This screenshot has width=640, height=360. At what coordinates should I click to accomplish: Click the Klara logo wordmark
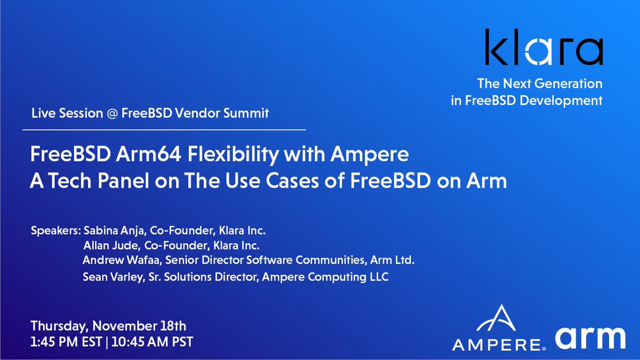[543, 47]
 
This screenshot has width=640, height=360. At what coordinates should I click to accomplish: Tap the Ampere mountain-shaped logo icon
[497, 319]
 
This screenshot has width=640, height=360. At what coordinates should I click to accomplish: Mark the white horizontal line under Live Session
[164, 130]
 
